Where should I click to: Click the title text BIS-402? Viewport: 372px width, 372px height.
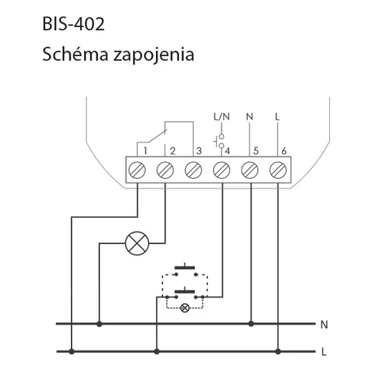point(74,25)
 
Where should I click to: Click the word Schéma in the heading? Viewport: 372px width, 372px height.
point(75,55)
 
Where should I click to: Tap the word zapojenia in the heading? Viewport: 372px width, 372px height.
point(154,55)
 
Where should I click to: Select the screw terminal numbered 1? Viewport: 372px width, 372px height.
point(137,170)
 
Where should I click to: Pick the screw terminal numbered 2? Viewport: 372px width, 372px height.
point(165,170)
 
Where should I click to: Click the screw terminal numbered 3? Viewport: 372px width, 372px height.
point(193,170)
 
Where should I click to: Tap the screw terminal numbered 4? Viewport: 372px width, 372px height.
point(222,170)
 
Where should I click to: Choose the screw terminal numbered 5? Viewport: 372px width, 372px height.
point(250,170)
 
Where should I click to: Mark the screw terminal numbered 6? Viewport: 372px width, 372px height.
point(278,170)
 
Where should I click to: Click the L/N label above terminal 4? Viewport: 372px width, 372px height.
point(222,116)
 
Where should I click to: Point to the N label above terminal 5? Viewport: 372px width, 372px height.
point(249,116)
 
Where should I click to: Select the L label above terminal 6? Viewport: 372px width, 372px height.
point(277,116)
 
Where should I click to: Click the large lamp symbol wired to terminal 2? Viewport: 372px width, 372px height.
point(137,243)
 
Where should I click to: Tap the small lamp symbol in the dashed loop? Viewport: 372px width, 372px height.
point(184,308)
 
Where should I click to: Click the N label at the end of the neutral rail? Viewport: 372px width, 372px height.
point(324,325)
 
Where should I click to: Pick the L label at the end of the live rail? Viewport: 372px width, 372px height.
point(324,352)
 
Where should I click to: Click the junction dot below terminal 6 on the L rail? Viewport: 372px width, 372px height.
point(278,351)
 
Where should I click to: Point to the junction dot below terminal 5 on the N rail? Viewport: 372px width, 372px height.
point(251,324)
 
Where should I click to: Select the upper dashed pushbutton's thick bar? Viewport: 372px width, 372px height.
point(184,268)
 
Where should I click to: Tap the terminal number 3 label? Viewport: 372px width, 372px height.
point(199,151)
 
